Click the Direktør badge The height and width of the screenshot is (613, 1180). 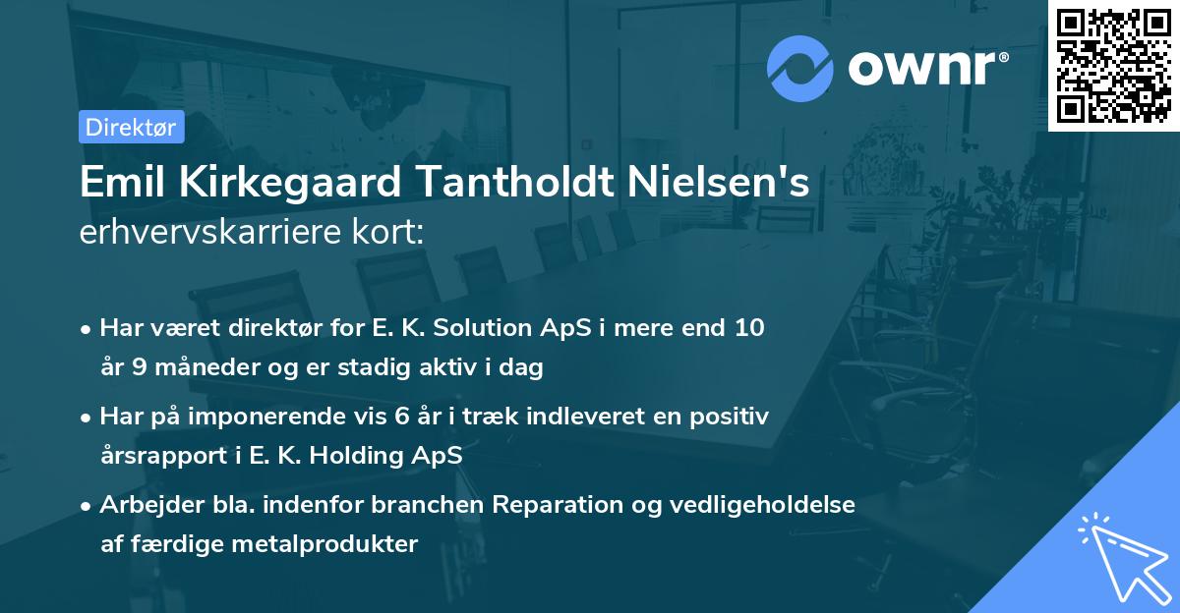131,127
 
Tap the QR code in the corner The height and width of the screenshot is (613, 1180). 1113,65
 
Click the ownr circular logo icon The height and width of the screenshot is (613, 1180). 799,69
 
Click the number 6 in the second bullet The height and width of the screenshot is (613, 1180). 402,417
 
